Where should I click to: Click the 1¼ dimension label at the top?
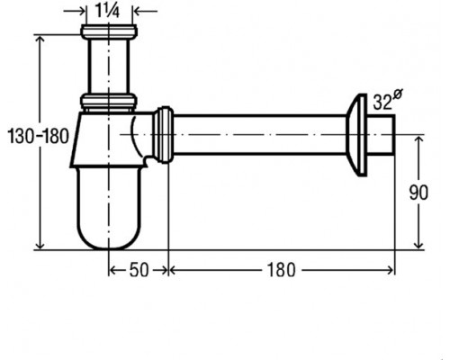coord(107,12)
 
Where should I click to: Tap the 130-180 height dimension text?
coord(38,136)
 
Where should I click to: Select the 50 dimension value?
coord(139,270)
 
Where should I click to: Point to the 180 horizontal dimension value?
coord(281,270)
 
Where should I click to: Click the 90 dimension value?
coord(418,193)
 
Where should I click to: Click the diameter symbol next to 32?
coord(397,94)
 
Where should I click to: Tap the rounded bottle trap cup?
coord(109,208)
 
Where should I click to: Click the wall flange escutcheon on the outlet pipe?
coord(356,135)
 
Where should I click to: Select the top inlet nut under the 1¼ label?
coord(109,31)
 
